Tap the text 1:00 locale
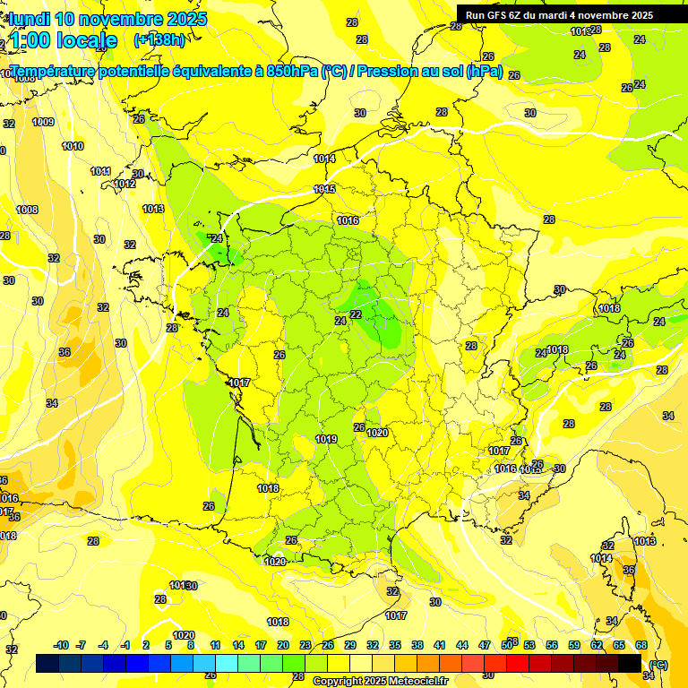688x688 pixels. [x=64, y=40]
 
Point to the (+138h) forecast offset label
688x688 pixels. [x=159, y=40]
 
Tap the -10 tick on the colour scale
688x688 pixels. [x=61, y=645]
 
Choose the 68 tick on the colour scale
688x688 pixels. [x=641, y=645]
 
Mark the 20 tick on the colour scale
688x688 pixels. [x=283, y=645]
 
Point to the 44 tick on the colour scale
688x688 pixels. [x=462, y=645]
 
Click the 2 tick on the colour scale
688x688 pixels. [x=147, y=645]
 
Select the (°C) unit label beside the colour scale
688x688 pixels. [x=658, y=664]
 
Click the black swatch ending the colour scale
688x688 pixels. [x=630, y=663]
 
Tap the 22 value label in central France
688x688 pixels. [x=356, y=314]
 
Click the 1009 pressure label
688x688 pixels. [x=43, y=123]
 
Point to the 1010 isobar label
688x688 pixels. [x=73, y=146]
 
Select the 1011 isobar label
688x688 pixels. [x=100, y=171]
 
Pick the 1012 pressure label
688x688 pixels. [x=125, y=185]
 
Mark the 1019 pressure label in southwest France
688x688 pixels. [x=326, y=439]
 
